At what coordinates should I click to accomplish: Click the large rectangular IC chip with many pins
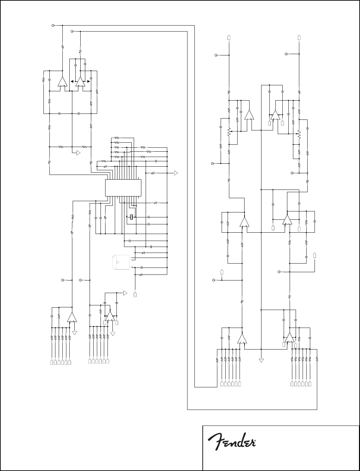coord(123,188)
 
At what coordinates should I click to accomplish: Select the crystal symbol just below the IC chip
coord(132,217)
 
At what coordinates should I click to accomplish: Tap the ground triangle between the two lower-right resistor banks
coord(261,360)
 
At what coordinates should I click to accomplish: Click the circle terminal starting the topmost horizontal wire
coord(54,25)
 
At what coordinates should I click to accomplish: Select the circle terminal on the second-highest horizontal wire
coord(72,31)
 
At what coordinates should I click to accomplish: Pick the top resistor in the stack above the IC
coord(116,137)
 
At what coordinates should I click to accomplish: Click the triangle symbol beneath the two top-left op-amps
coord(78,153)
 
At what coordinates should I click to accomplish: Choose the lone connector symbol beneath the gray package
coord(135,294)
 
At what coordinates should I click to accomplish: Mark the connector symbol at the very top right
coord(299,37)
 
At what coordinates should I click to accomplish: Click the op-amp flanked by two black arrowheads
coord(80,82)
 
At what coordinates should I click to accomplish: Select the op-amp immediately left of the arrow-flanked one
coord(62,82)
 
